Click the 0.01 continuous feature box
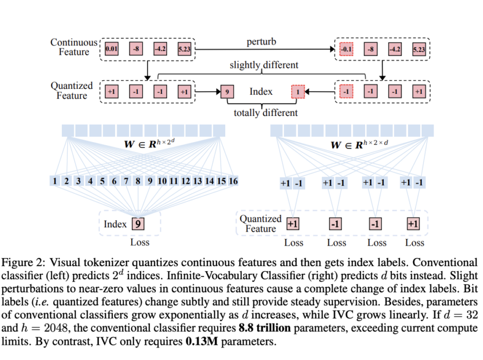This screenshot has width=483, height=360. [112, 50]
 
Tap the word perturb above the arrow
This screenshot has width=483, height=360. [262, 42]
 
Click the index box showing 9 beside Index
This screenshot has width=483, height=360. [227, 91]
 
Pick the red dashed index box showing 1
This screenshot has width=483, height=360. [297, 92]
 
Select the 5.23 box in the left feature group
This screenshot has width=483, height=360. [184, 50]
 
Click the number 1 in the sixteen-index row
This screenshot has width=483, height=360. [55, 181]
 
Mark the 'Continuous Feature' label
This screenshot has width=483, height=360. [73, 47]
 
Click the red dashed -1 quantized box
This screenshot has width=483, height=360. [346, 91]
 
